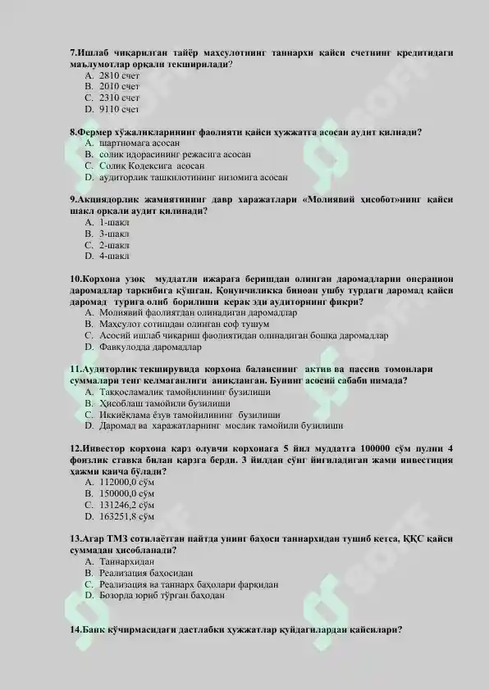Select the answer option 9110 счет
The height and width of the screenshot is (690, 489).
click(119, 107)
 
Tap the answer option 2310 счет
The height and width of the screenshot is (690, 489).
click(119, 97)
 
